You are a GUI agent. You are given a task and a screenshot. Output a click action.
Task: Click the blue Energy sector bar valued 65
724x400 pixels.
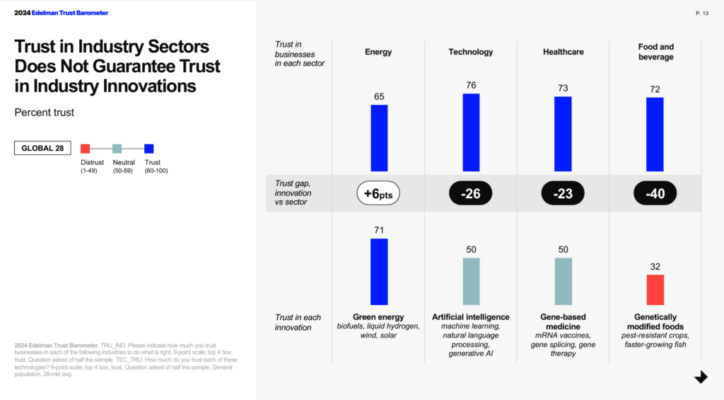pyautogui.click(x=379, y=138)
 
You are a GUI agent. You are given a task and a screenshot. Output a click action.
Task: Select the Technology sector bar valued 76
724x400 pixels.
pyautogui.click(x=471, y=132)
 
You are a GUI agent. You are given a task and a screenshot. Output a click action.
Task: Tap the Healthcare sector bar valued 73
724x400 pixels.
pyautogui.click(x=563, y=134)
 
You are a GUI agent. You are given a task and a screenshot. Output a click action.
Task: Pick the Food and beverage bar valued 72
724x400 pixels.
pyautogui.click(x=655, y=135)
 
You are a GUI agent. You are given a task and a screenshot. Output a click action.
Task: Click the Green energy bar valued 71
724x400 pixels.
pyautogui.click(x=379, y=272)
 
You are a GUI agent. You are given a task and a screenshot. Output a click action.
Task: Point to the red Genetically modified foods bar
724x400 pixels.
pyautogui.click(x=655, y=290)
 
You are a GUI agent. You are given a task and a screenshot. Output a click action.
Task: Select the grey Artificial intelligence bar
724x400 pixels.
pyautogui.click(x=471, y=281)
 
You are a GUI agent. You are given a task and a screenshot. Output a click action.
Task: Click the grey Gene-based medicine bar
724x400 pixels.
pyautogui.click(x=563, y=281)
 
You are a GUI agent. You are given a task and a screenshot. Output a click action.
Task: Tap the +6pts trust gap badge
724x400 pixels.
pyautogui.click(x=379, y=193)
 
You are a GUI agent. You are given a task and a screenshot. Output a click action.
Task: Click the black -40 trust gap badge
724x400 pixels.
pyautogui.click(x=655, y=193)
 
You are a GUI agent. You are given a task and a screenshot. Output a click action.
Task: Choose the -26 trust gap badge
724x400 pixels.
pyautogui.click(x=471, y=193)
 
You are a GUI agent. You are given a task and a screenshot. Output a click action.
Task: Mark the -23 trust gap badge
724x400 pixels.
pyautogui.click(x=563, y=193)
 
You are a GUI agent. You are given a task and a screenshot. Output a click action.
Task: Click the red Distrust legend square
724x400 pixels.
pyautogui.click(x=86, y=149)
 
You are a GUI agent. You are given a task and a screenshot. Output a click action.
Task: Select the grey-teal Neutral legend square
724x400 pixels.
pyautogui.click(x=117, y=149)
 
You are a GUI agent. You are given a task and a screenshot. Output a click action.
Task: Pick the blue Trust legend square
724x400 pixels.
pyautogui.click(x=148, y=149)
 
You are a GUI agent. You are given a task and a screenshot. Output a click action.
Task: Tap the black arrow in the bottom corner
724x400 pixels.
pyautogui.click(x=701, y=377)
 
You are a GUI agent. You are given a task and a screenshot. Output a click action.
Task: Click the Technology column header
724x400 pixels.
pyautogui.click(x=471, y=52)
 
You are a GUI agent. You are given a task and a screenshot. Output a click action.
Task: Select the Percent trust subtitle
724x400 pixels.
pyautogui.click(x=44, y=113)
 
